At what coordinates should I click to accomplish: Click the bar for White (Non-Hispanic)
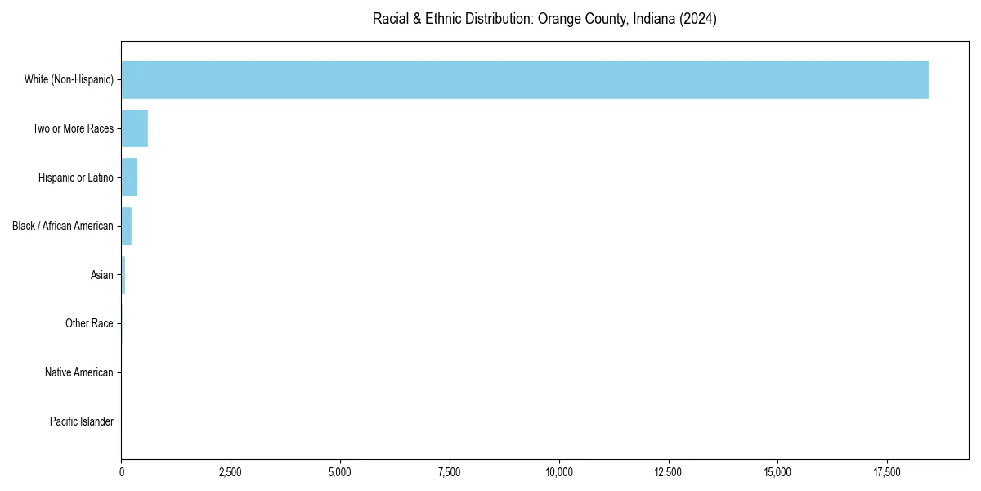coord(524,79)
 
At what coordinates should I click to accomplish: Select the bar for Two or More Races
coord(135,128)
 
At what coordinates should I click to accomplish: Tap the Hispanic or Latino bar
coord(129,178)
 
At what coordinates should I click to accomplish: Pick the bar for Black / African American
coord(127,226)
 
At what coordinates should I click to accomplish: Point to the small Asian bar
coord(123,275)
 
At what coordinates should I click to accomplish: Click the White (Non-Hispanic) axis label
coord(69,80)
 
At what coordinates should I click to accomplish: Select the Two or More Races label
coord(73,128)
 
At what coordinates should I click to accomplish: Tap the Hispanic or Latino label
coord(75,178)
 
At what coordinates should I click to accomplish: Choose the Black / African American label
coord(62,226)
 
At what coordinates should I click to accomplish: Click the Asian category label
coord(101,275)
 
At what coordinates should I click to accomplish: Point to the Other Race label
coord(89,324)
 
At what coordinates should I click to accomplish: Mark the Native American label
coord(78,372)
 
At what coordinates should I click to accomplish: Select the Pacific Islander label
coord(81,421)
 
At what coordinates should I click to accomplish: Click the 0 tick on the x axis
coord(122,472)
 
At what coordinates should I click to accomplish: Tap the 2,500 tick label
coord(231,472)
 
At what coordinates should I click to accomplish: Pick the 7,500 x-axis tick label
coord(450,472)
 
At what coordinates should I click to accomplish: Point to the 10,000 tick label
coord(559,472)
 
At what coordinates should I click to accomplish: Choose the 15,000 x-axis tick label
coord(777,472)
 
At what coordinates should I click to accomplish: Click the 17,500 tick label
coord(887,472)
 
